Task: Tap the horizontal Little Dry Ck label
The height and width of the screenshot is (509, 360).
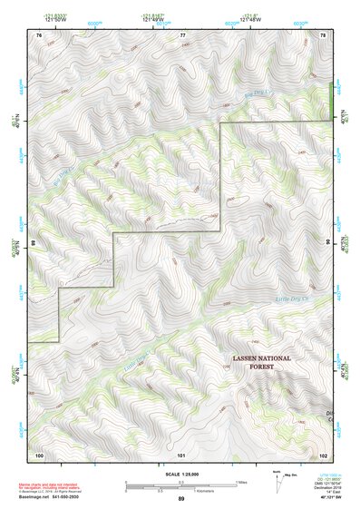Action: (x=292, y=299)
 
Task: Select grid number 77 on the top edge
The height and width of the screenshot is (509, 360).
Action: (x=182, y=34)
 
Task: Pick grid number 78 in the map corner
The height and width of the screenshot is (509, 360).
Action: (x=324, y=34)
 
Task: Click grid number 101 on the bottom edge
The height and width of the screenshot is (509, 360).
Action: (x=181, y=454)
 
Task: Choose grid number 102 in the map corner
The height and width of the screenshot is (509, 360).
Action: (x=324, y=454)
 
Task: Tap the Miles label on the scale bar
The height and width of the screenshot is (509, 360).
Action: (x=241, y=483)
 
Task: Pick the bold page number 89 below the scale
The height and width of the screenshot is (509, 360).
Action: (x=181, y=500)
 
